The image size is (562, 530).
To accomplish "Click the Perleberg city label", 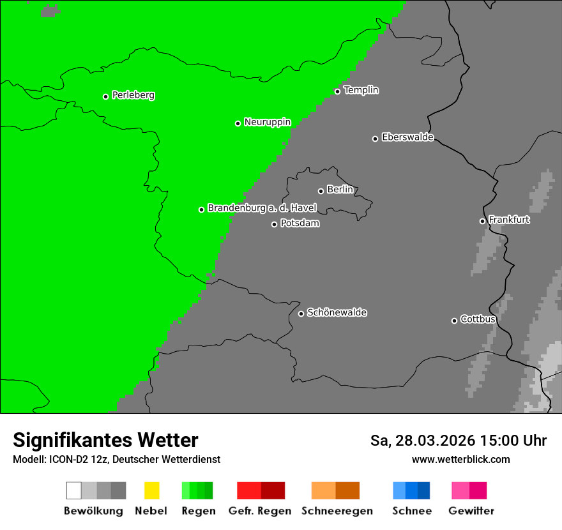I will [133, 95].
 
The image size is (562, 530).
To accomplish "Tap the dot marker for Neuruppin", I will [238, 123].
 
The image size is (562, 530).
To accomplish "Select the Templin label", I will [361, 90].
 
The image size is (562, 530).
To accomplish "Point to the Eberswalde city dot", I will [375, 139].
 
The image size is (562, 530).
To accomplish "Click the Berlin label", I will [340, 190].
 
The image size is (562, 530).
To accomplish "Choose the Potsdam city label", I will [300, 223].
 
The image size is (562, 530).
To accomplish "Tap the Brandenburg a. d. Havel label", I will [262, 208].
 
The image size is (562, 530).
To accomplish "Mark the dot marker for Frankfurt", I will [482, 221].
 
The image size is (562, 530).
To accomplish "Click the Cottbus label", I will [478, 319].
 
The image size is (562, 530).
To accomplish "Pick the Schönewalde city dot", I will [301, 314].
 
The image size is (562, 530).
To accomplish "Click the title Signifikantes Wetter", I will [105, 440].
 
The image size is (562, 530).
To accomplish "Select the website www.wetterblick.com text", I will [460, 459].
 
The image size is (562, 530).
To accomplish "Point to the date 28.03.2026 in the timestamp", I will [436, 441].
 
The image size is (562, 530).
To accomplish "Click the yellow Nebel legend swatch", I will [151, 490].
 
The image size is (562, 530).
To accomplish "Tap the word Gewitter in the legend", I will [471, 511].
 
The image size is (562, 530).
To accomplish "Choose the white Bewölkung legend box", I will [73, 490].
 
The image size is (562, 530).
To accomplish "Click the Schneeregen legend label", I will [337, 511].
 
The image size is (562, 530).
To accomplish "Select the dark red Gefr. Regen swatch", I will [273, 490].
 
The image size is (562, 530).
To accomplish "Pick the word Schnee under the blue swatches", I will [411, 511].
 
